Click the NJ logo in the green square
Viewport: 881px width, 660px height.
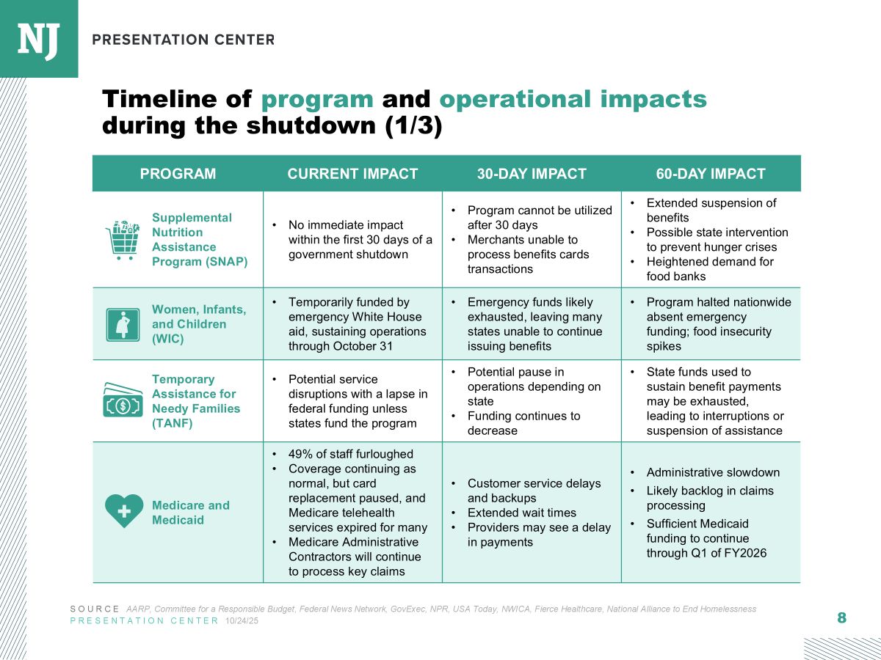(x=38, y=39)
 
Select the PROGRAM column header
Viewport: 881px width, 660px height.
(x=178, y=174)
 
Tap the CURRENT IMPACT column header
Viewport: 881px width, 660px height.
(x=352, y=174)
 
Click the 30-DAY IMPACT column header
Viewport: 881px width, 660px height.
(x=532, y=174)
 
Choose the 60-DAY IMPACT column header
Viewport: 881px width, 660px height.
(x=710, y=174)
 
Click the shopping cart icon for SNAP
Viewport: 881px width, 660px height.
(x=123, y=240)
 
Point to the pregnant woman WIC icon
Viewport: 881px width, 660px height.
(x=123, y=324)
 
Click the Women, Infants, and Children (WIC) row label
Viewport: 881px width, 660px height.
(x=198, y=324)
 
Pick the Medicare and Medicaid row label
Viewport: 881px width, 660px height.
(x=191, y=513)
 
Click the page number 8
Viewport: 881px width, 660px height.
(x=841, y=618)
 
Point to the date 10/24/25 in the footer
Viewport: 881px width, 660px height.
(x=242, y=621)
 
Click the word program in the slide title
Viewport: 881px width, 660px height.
(x=317, y=100)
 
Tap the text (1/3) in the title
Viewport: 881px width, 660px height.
(x=414, y=127)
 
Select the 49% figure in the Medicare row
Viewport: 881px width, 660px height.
(x=300, y=454)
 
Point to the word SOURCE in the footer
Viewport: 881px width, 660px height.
(x=95, y=609)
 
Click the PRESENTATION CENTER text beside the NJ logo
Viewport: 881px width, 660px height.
(x=184, y=40)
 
